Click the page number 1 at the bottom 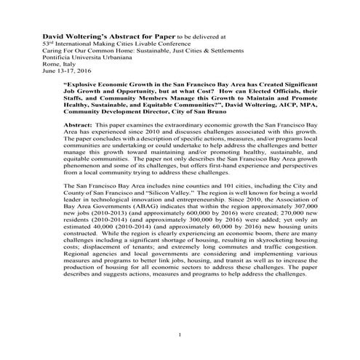click(180, 334)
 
